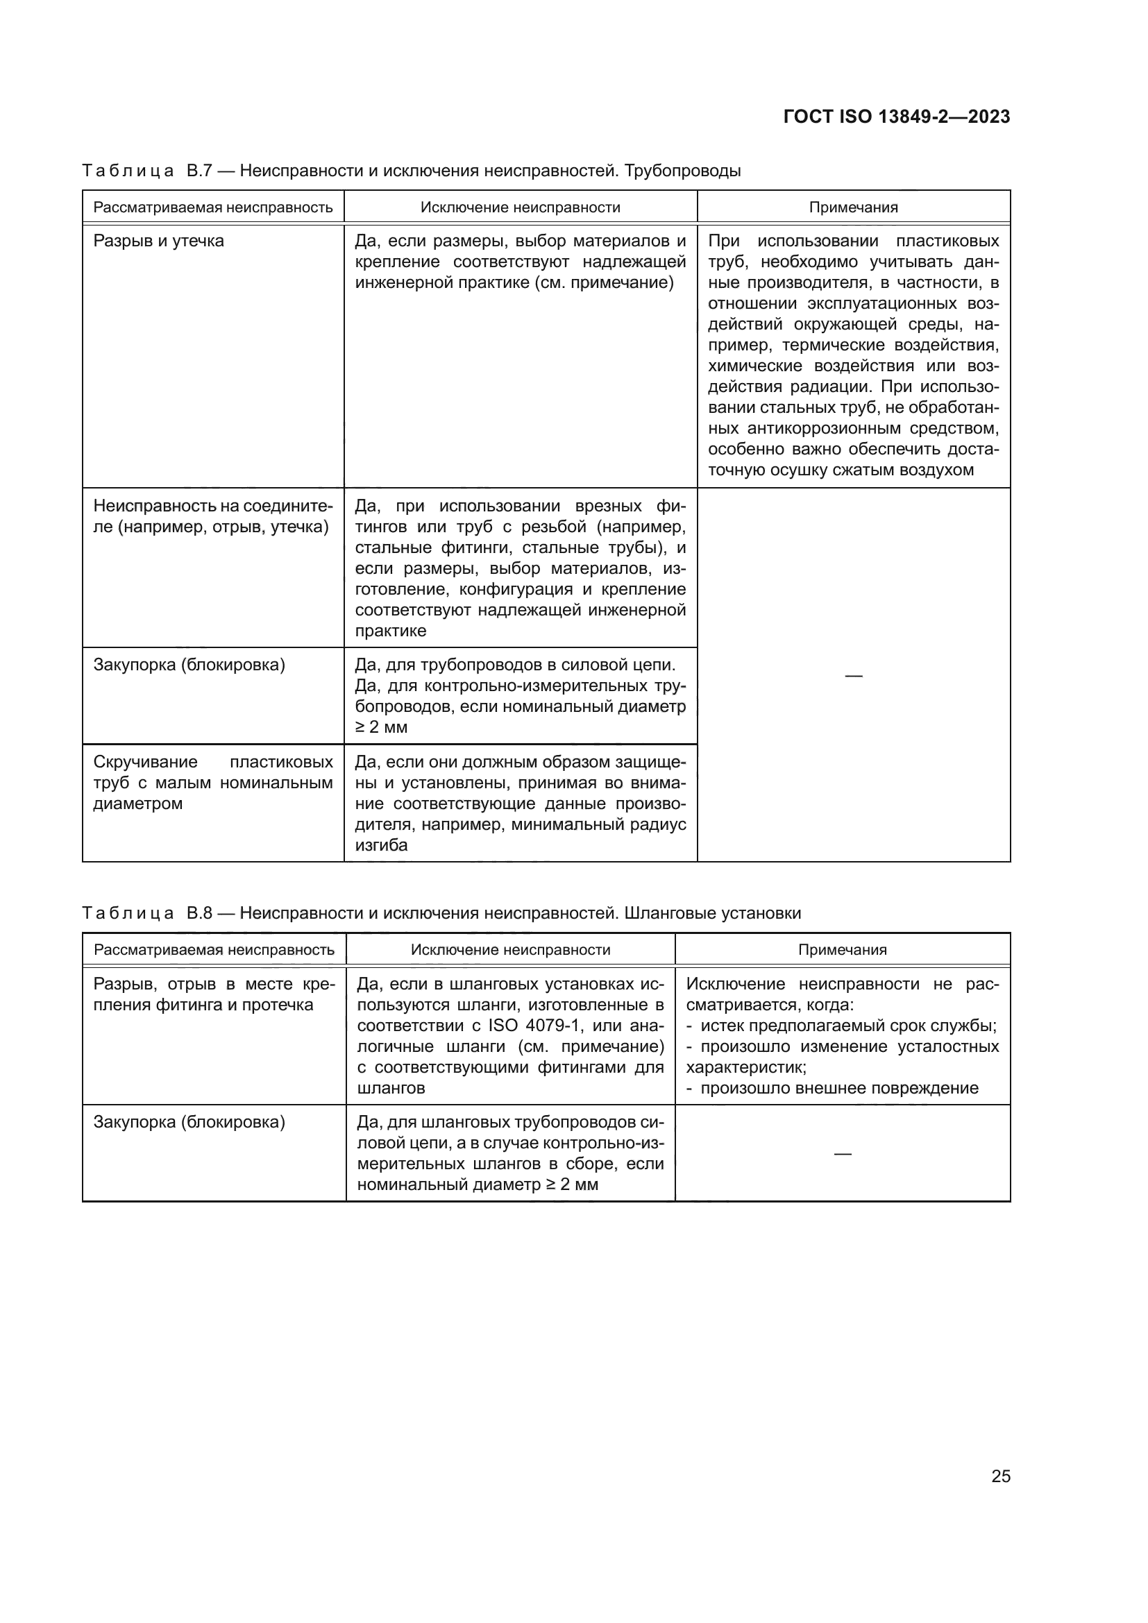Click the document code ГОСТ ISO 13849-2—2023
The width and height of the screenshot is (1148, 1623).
click(x=896, y=117)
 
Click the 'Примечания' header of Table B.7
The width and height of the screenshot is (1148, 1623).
click(x=853, y=207)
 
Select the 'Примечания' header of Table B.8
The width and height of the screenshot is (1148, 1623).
click(x=842, y=950)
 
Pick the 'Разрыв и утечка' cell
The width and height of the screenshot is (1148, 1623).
click(x=158, y=241)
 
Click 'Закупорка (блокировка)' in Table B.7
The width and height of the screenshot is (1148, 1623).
click(x=189, y=665)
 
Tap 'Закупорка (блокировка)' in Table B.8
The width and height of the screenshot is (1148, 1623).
click(x=189, y=1123)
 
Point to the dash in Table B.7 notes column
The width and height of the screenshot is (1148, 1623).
click(x=853, y=676)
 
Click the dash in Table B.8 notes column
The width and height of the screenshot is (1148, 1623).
click(x=842, y=1154)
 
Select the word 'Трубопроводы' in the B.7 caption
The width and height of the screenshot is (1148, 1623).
click(x=683, y=171)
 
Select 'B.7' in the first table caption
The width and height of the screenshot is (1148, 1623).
click(x=199, y=171)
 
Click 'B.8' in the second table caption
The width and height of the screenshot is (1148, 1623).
click(x=199, y=913)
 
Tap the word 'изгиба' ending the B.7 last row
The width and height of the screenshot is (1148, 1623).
click(x=381, y=845)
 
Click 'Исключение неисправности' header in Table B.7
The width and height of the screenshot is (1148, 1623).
click(x=521, y=207)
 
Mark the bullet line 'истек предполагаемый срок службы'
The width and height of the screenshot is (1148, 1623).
click(x=847, y=1026)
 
